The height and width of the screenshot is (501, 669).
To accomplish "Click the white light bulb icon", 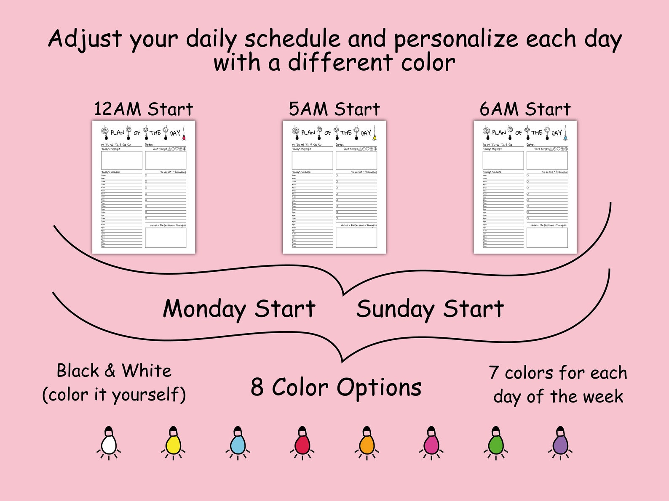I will pyautogui.click(x=109, y=443).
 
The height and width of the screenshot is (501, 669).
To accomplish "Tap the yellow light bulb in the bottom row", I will pyautogui.click(x=173, y=443).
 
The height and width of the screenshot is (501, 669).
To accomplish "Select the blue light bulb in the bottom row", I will pyautogui.click(x=238, y=443).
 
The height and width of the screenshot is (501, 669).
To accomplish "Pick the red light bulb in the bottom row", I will pyautogui.click(x=302, y=443).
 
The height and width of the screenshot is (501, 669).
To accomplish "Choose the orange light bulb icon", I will pyautogui.click(x=367, y=443).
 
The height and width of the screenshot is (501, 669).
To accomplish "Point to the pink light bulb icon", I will pyautogui.click(x=431, y=443).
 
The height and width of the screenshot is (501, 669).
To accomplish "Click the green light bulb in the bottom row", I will pyautogui.click(x=496, y=443).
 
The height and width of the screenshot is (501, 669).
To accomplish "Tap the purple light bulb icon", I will pyautogui.click(x=560, y=443).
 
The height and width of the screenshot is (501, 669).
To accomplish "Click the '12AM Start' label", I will pyautogui.click(x=143, y=109).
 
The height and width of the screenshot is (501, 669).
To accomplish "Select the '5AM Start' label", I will pyautogui.click(x=334, y=109).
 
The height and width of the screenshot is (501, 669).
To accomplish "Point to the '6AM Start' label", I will pyautogui.click(x=525, y=109).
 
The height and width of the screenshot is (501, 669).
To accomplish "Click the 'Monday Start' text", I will pyautogui.click(x=239, y=309).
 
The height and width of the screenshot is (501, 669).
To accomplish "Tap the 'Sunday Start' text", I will pyautogui.click(x=430, y=309).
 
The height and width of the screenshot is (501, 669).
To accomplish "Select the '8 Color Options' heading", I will pyautogui.click(x=336, y=387).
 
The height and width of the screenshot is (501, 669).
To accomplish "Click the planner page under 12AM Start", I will pyautogui.click(x=144, y=187).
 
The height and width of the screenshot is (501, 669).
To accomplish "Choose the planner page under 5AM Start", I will pyautogui.click(x=334, y=187).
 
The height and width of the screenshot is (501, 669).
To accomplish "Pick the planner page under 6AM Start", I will pyautogui.click(x=525, y=187).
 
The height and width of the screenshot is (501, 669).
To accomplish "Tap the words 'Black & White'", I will pyautogui.click(x=114, y=371).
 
